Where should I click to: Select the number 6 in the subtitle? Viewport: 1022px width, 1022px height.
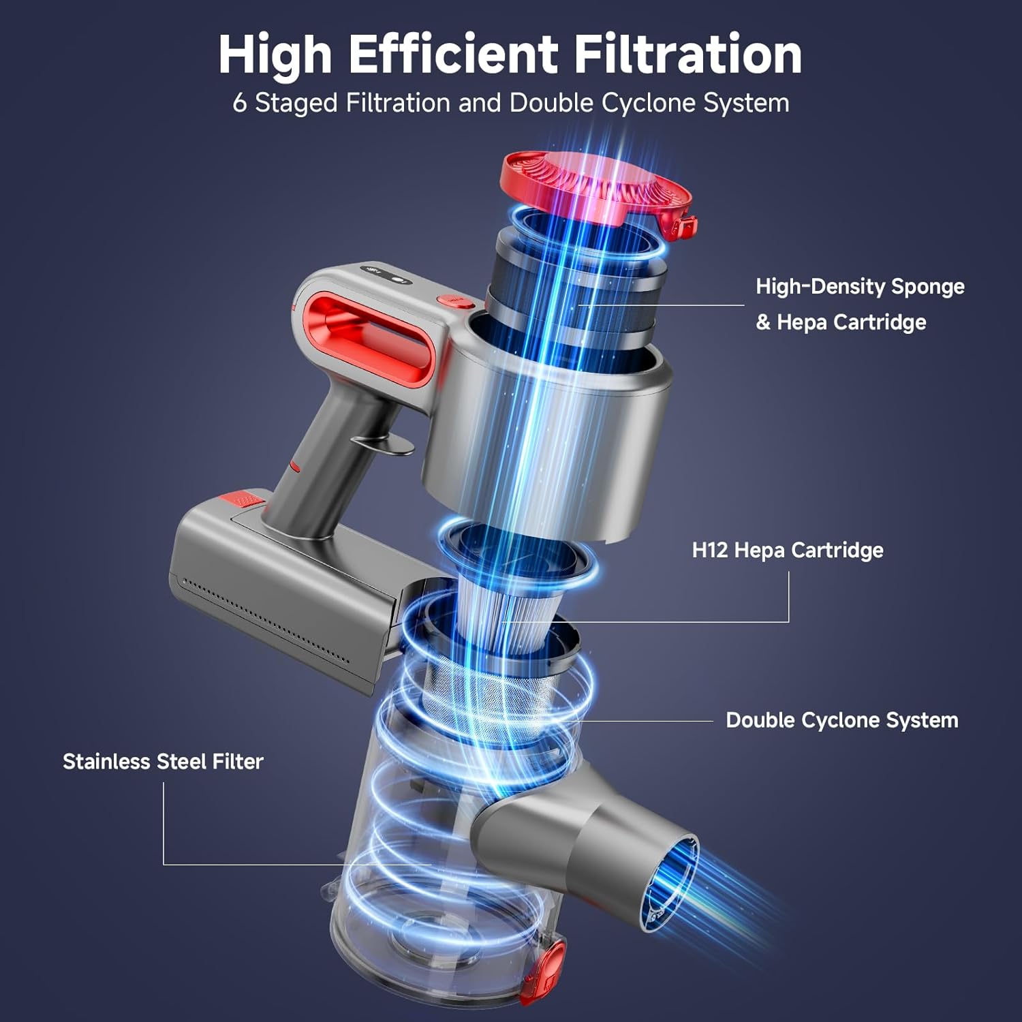[x=239, y=104]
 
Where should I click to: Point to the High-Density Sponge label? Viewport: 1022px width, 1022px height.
[x=860, y=286]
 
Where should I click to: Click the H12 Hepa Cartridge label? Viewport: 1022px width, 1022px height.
[x=788, y=550]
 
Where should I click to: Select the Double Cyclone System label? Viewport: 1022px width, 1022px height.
[x=841, y=720]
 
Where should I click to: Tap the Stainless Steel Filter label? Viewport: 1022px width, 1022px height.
[x=163, y=761]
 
